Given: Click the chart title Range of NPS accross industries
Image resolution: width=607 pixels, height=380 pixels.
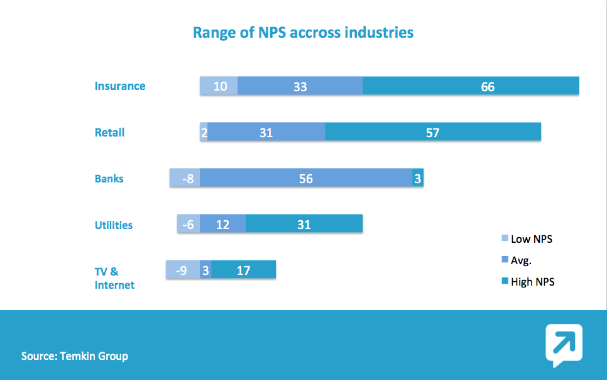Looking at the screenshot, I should (x=303, y=32).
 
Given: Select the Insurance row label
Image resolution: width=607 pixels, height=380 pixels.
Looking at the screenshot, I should (x=120, y=86).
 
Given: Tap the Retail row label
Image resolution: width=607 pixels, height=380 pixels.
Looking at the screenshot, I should (x=110, y=133).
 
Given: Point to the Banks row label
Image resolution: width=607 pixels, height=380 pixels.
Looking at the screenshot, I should (x=109, y=179).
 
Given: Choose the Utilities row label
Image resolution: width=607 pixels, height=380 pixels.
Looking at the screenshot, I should (x=114, y=225).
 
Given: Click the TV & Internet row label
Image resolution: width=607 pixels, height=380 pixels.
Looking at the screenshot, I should (x=114, y=278).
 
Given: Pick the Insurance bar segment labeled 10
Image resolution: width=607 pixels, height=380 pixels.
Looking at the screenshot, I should (x=219, y=86).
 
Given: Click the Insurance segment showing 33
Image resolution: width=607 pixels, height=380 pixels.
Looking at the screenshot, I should (x=300, y=86).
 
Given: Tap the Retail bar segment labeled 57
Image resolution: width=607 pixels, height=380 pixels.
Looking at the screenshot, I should (x=433, y=133).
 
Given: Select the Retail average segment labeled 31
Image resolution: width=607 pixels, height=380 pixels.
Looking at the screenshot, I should (x=266, y=133).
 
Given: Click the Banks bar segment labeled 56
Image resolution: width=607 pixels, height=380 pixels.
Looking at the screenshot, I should (x=306, y=179).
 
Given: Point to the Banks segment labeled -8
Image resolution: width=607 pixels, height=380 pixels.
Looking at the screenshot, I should (x=185, y=179).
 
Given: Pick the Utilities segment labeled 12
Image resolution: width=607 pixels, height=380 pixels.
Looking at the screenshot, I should (x=223, y=225).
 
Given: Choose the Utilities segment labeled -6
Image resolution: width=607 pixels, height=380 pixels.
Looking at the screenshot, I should (x=189, y=225).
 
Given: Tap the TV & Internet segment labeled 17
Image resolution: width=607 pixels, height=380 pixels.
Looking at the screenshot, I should (x=244, y=271).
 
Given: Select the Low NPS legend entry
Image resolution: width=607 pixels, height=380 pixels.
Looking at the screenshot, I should (x=527, y=239).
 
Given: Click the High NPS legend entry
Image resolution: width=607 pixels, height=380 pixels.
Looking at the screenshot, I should (x=528, y=282).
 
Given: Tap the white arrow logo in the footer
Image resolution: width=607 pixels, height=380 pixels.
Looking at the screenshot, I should (x=563, y=344).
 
